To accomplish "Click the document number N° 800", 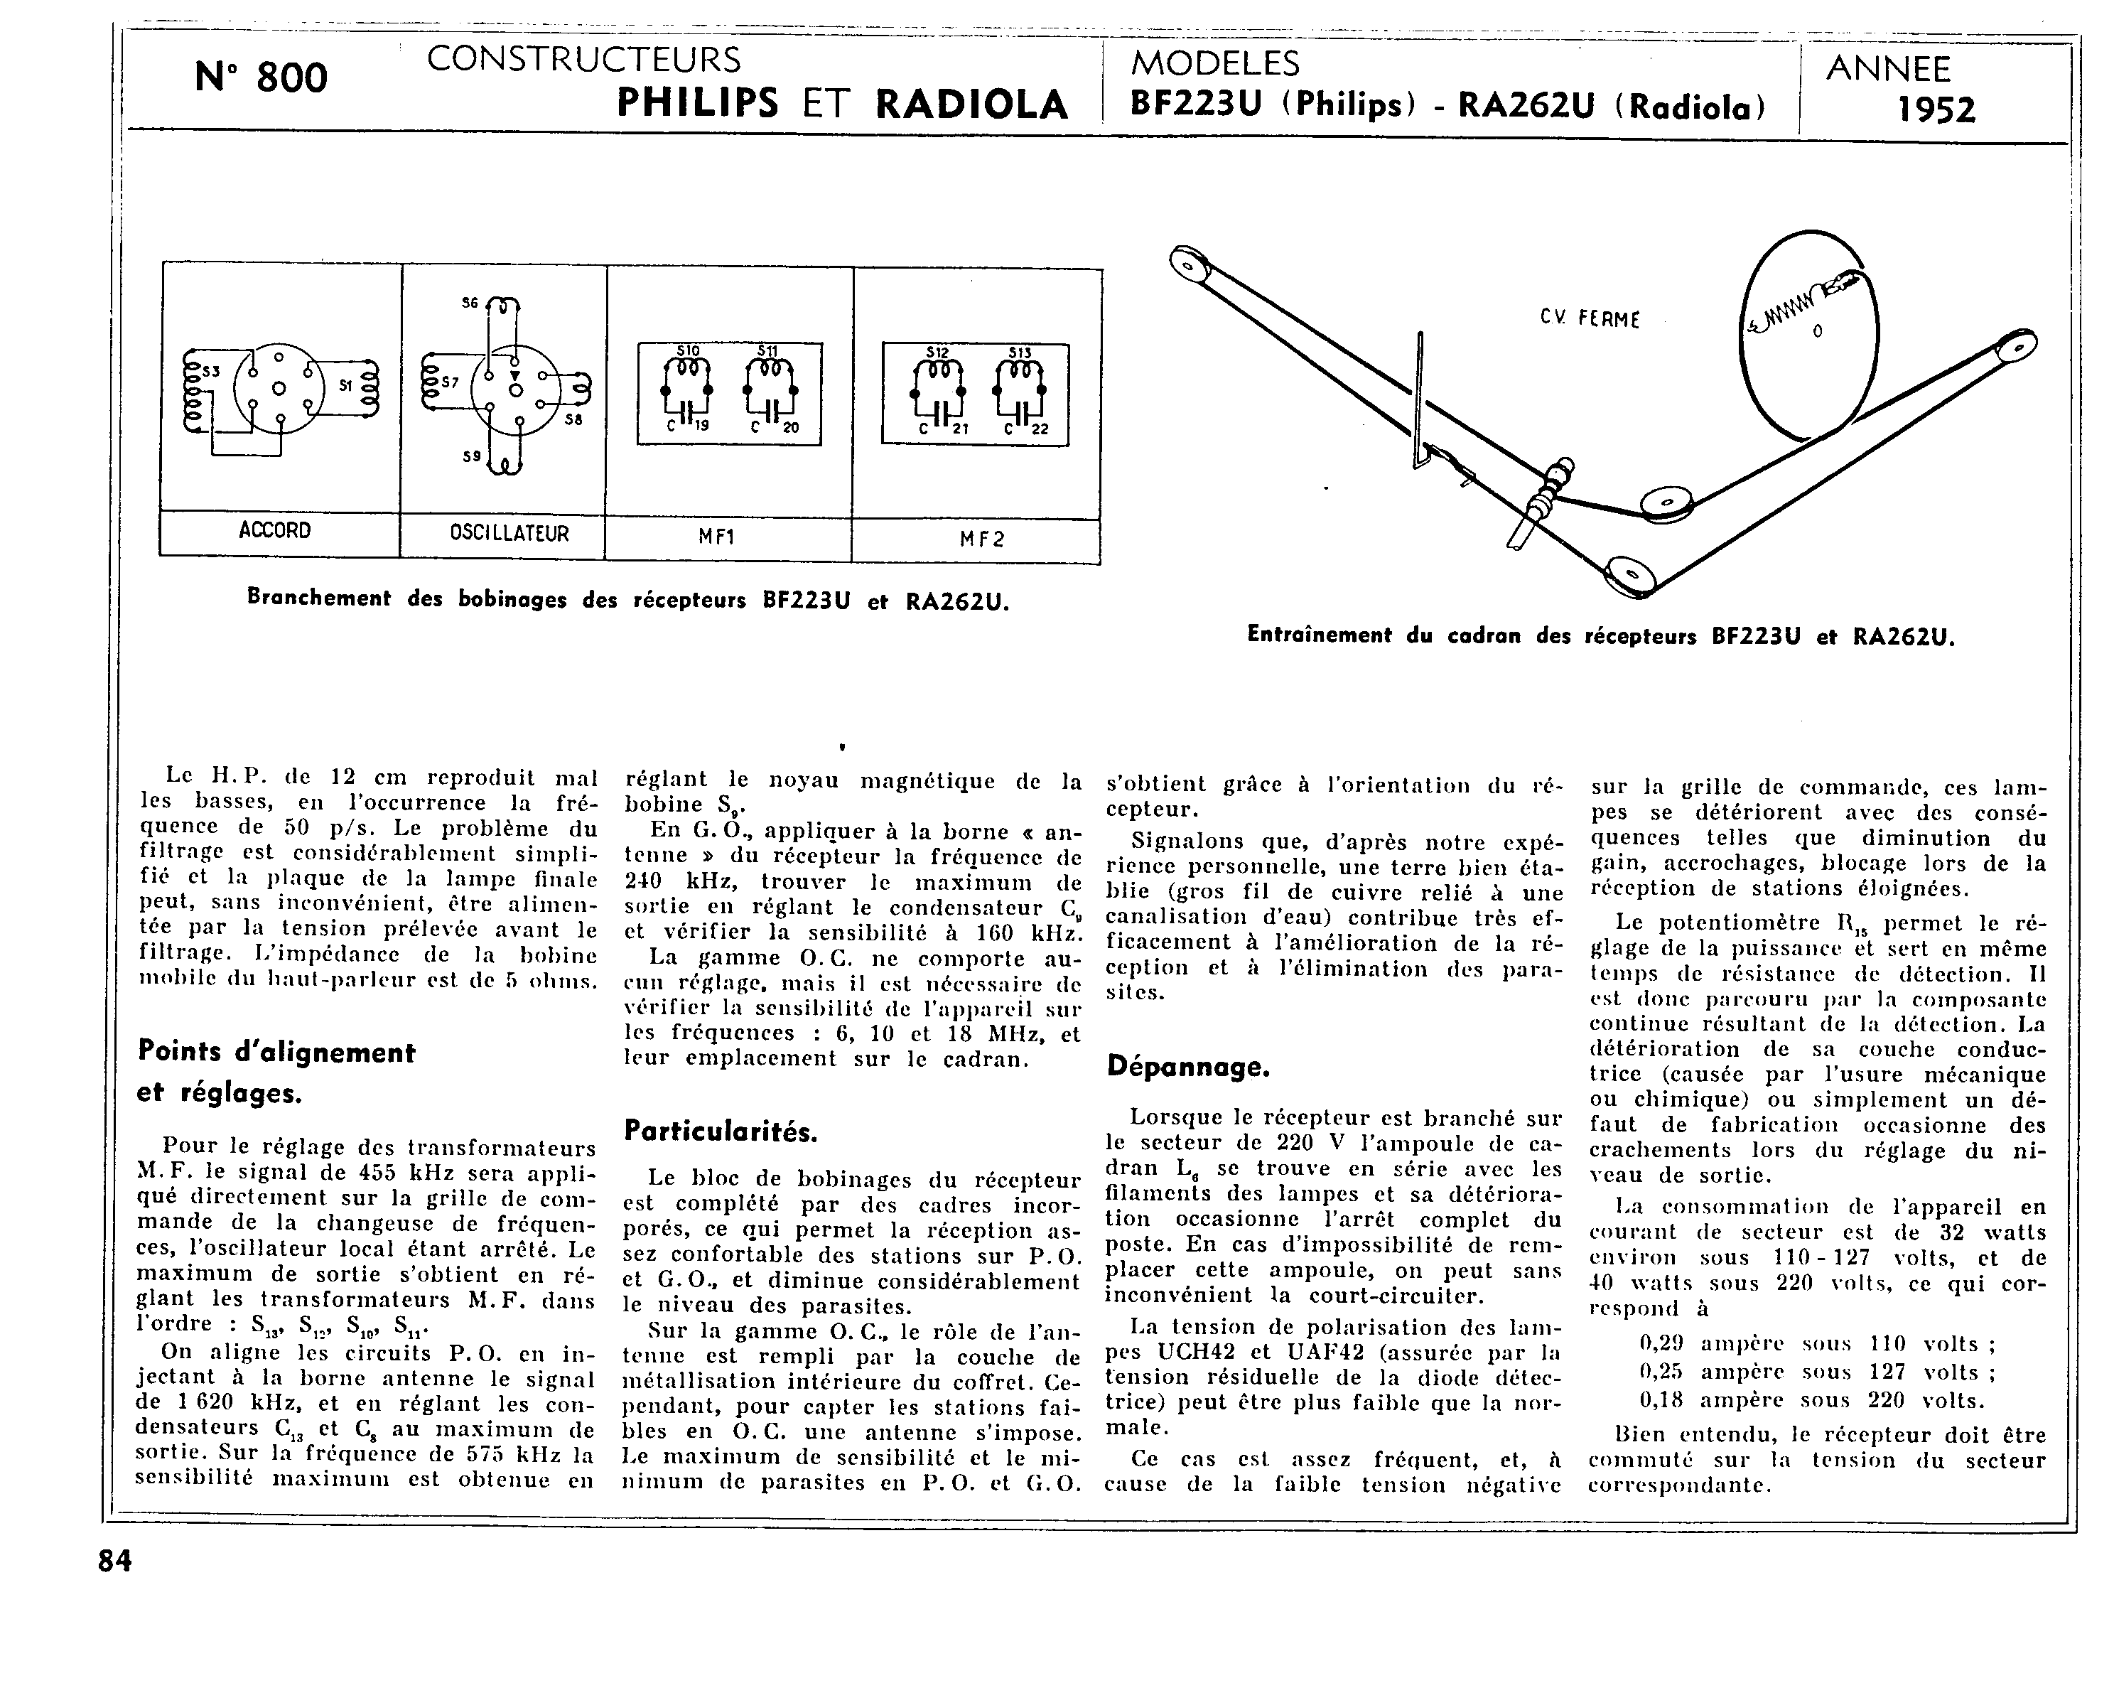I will [x=261, y=77].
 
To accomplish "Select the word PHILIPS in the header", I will [x=697, y=103].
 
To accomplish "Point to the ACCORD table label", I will [x=274, y=531].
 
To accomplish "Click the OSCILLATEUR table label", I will [x=509, y=534].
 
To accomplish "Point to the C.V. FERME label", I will [x=1588, y=318].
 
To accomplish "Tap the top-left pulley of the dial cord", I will [x=1190, y=263].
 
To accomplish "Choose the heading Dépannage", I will [x=1188, y=1066].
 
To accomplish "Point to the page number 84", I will [x=114, y=1561].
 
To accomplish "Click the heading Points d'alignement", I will [x=276, y=1053].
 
